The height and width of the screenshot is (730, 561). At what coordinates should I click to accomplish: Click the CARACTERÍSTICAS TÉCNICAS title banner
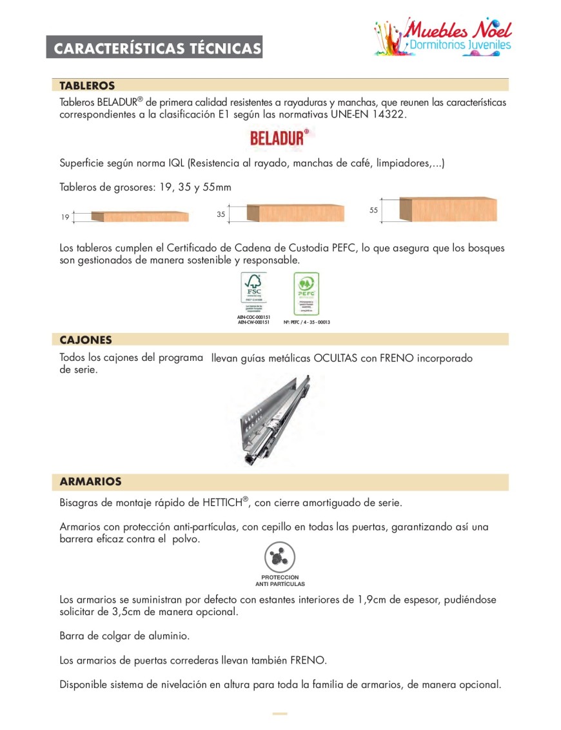[x=154, y=48]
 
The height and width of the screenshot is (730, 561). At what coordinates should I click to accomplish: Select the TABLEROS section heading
[x=87, y=85]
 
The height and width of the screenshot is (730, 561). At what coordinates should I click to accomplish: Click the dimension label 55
[x=373, y=210]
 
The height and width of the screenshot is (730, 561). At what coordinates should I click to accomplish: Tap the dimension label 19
[x=65, y=218]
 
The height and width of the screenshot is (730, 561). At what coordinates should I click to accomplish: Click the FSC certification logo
[x=253, y=292]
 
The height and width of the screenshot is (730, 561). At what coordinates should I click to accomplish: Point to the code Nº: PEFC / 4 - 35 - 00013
[x=307, y=322]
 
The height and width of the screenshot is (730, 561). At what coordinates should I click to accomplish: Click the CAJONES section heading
[x=86, y=340]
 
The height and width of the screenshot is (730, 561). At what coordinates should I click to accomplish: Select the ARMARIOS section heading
[x=90, y=482]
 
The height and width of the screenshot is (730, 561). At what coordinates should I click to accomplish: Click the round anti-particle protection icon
[x=280, y=557]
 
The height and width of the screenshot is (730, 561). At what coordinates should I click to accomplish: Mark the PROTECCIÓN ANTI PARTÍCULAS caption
[x=280, y=580]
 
